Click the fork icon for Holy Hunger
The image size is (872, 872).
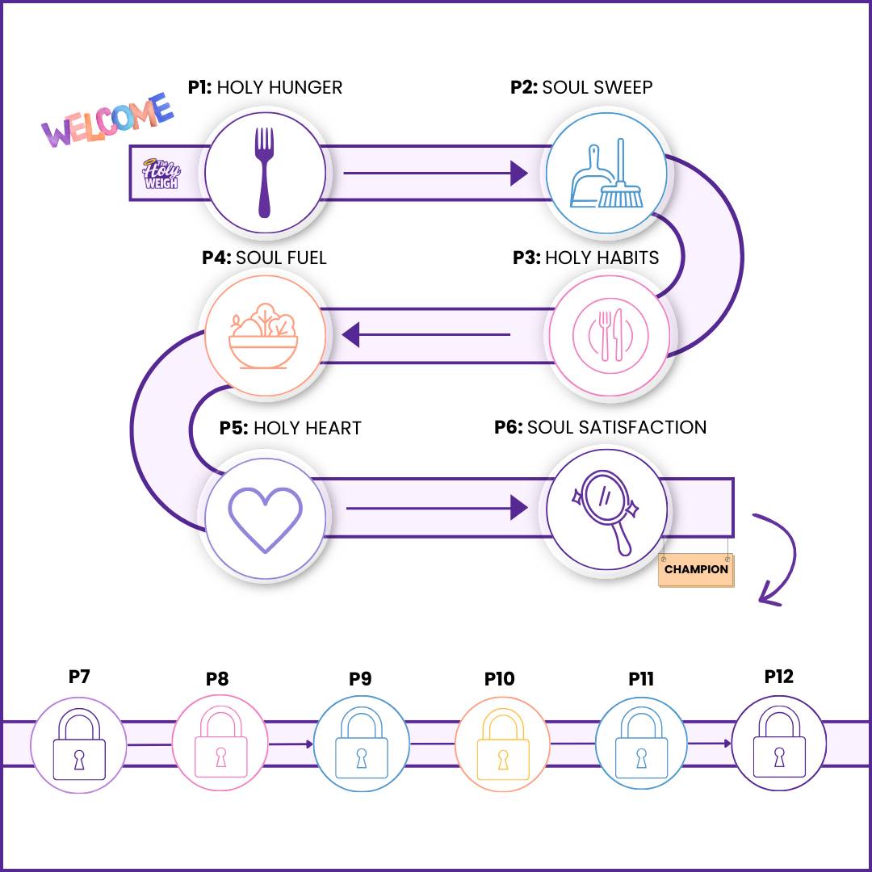pos(265,172)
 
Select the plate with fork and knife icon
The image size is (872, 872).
pos(610,334)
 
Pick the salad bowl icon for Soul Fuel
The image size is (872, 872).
pos(263,335)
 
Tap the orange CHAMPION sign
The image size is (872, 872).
pos(696,569)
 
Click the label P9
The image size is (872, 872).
pos(360,679)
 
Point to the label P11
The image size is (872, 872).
pos(641,679)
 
